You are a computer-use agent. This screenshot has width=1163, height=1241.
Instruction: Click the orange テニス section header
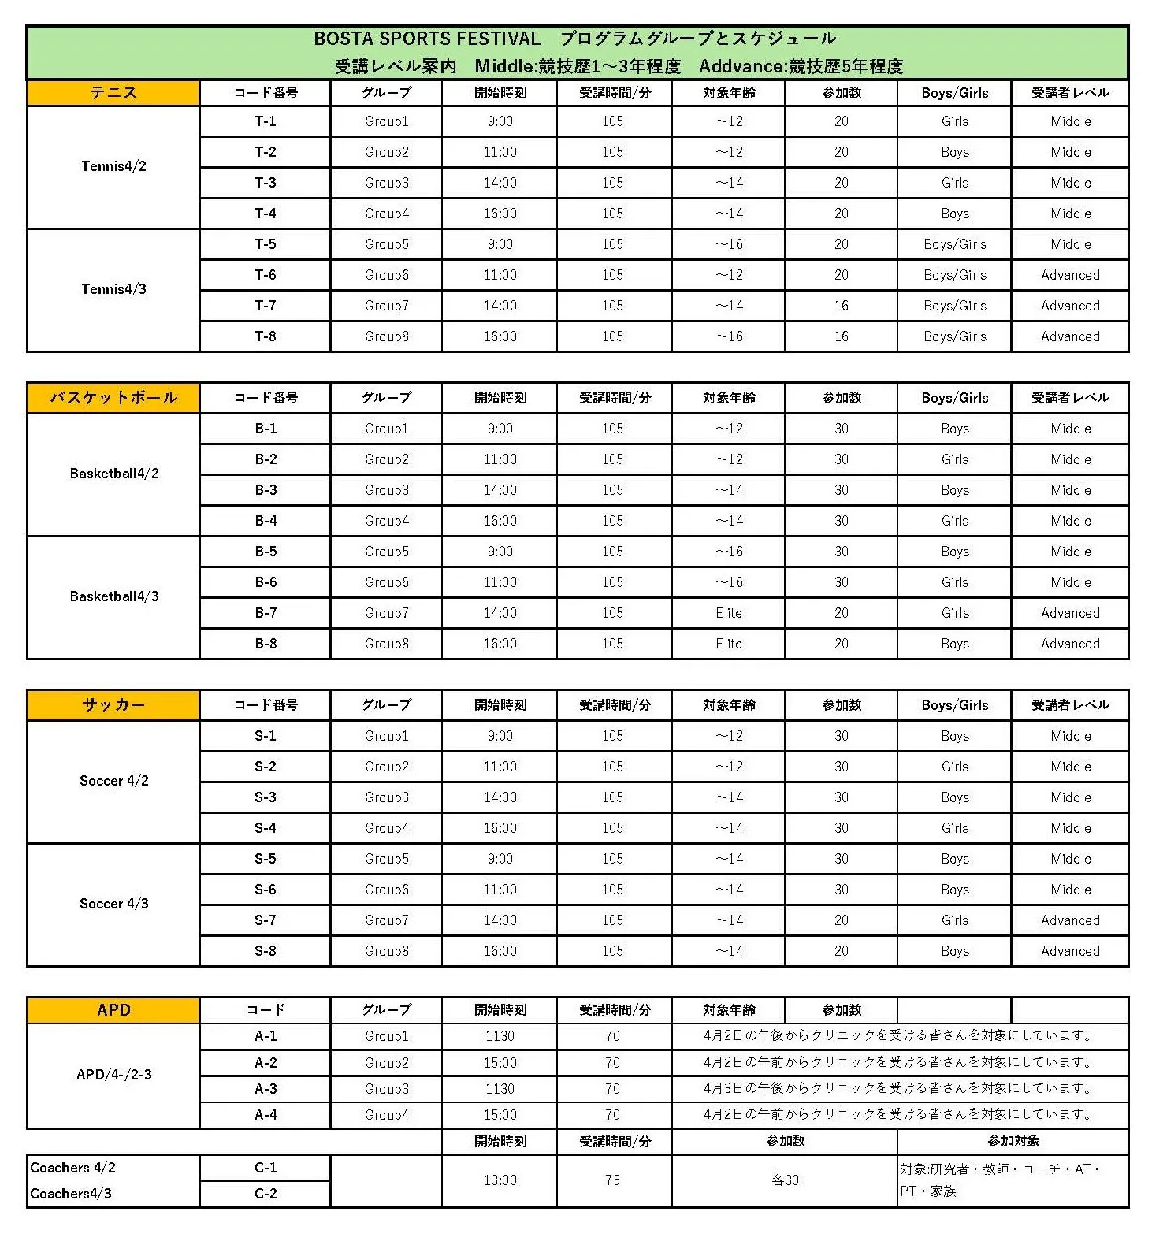point(113,93)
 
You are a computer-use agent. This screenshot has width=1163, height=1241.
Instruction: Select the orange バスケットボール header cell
point(113,398)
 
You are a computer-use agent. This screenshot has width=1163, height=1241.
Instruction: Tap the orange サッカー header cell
point(113,705)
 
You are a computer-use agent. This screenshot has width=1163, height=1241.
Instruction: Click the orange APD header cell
point(113,1010)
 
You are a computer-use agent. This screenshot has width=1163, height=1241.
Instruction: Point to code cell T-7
point(266,306)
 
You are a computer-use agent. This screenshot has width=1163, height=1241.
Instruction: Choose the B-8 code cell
point(266,644)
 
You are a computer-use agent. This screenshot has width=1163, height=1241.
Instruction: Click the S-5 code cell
point(266,859)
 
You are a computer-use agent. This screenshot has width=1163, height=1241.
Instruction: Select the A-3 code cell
point(266,1089)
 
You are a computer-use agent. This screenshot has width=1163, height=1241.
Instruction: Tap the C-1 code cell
point(266,1168)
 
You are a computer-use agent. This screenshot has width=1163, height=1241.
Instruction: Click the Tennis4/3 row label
point(113,289)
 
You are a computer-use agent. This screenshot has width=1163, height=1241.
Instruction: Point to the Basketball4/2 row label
point(114,474)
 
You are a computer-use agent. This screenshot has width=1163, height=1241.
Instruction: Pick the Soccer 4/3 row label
point(114,904)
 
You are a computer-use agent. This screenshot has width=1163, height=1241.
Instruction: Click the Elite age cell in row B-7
point(729,613)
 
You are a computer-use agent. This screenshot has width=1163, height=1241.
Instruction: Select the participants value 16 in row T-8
point(842,336)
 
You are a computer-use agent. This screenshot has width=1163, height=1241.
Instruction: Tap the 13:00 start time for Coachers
point(500,1180)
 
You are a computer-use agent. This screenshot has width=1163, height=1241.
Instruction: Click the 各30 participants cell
point(785,1180)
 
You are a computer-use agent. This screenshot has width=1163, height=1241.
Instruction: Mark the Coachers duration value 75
point(613,1180)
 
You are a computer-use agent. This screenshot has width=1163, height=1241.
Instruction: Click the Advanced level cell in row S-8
point(1070,951)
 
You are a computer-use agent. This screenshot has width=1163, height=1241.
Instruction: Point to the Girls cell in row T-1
point(955,121)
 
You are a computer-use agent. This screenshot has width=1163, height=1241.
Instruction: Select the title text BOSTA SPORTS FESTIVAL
point(427,39)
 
